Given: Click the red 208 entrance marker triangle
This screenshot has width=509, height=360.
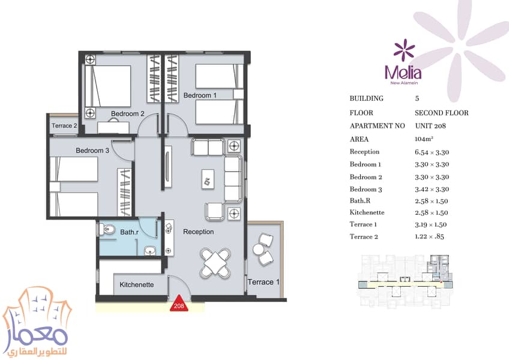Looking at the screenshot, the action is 179,304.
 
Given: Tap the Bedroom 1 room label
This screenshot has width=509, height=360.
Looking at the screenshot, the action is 200,95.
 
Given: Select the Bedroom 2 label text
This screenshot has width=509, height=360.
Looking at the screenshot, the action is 128,113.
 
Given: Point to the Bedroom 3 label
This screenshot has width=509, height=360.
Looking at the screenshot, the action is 92,151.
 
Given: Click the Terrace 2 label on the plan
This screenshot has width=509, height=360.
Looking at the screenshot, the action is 64,125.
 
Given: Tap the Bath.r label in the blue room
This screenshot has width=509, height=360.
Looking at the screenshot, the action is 129,232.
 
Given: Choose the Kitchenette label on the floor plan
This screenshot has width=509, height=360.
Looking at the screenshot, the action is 137,284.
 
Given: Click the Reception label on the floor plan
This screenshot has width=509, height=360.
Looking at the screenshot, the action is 198,232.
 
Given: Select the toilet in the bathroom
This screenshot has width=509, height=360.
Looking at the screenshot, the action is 106,230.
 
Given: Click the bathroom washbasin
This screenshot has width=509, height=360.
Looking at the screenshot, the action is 149,251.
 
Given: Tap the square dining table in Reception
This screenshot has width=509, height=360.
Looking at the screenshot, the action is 215,263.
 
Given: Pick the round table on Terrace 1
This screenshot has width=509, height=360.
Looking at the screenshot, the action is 259,250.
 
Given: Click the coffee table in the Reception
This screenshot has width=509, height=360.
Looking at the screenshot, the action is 208,179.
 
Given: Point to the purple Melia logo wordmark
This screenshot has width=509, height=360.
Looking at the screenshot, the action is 403,73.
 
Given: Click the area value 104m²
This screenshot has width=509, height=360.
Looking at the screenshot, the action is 424,139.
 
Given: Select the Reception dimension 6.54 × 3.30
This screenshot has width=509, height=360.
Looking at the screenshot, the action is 432,152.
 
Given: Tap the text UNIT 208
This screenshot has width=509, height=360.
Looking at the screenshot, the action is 430,126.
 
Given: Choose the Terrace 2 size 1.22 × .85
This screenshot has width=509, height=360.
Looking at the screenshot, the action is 429,236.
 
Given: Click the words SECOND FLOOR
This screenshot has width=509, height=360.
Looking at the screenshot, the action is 442,113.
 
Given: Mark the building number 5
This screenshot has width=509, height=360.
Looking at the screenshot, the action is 417,98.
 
